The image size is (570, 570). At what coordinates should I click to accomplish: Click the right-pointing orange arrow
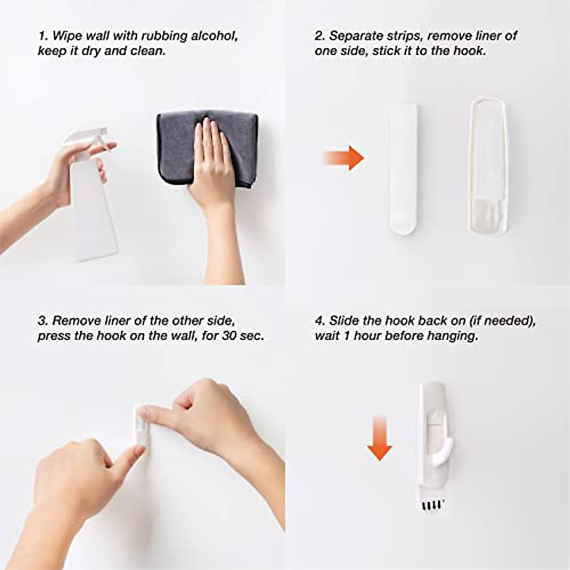[x=344, y=158]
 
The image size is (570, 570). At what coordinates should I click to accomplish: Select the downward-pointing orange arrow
[x=380, y=437]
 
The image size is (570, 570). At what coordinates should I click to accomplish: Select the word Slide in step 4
[x=344, y=321]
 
